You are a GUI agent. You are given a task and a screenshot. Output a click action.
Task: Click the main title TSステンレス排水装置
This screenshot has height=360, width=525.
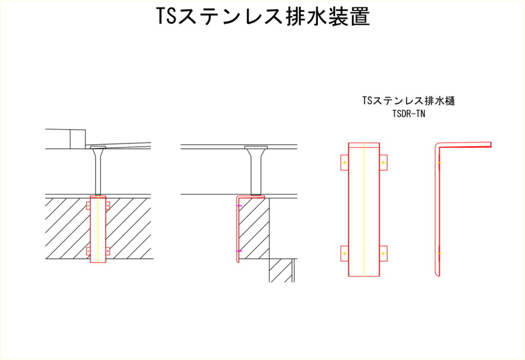pos(263,16)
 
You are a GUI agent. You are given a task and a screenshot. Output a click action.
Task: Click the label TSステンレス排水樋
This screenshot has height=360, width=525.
pos(409,101)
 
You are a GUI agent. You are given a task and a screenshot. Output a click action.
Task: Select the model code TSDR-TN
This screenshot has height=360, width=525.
pos(409,114)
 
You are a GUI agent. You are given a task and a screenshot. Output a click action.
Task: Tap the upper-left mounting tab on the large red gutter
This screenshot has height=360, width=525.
pos(345,163)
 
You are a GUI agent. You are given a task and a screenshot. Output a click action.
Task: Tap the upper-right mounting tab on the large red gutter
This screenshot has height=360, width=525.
pos(383,163)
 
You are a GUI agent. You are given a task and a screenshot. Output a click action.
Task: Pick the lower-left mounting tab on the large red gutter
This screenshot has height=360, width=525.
pos(345,253)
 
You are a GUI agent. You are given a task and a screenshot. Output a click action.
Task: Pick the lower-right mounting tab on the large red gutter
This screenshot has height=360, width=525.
pos(383,253)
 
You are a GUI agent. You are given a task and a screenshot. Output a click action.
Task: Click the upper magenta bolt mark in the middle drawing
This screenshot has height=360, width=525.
pos(239,205)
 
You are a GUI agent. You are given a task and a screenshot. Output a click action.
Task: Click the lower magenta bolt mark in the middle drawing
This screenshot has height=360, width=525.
pos(239,251)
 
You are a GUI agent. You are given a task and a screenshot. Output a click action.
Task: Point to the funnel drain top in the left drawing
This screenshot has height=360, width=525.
pos(98,148)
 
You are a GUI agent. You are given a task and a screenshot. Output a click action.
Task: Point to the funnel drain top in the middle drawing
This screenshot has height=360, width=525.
pos(256,147)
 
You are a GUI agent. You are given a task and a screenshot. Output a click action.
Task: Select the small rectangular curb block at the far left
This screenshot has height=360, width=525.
pos(78,138)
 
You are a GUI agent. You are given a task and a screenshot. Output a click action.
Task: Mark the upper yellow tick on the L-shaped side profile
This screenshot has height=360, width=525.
pos(439,163)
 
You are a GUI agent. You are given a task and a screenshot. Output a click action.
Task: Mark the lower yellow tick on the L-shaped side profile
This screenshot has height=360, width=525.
pos(439,253)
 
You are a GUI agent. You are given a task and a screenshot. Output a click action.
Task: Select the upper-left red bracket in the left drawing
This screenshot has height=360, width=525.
pos(88,205)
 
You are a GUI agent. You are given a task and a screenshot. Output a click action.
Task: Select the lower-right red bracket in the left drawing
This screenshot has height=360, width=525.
pos(108,251)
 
